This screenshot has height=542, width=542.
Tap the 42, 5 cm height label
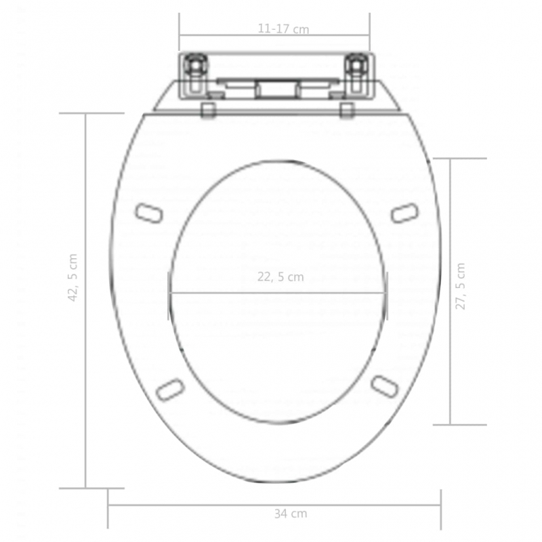coord(73,277)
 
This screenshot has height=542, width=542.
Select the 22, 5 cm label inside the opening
coord(280,276)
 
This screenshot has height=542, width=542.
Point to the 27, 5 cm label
coord(461,286)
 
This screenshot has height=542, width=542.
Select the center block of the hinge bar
coord(275,89)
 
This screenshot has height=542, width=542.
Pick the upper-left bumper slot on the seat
coord(150,213)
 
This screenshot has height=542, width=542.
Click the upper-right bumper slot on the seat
coord(405,213)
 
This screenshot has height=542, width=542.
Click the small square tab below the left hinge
coord(209,110)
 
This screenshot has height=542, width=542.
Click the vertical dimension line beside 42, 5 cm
coord(85,373)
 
